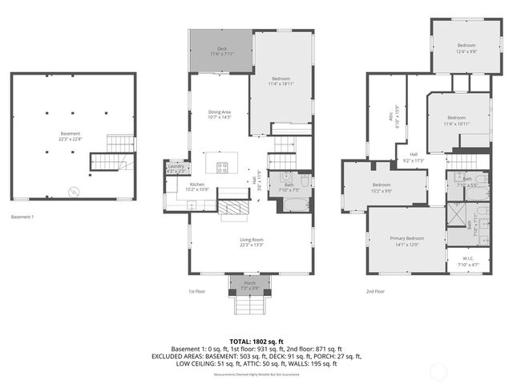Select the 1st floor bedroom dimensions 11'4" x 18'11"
pos(281,80)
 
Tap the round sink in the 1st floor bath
pos(286,176)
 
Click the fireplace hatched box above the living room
pos(232,208)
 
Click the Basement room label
pos(71,136)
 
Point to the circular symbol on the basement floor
pos(75,192)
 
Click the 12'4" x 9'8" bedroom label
pos(467,47)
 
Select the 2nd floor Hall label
pos(414,157)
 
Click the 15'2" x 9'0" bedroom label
pos(381,188)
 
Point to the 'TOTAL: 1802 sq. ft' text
pos(256,341)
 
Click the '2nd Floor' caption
pos(375,292)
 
